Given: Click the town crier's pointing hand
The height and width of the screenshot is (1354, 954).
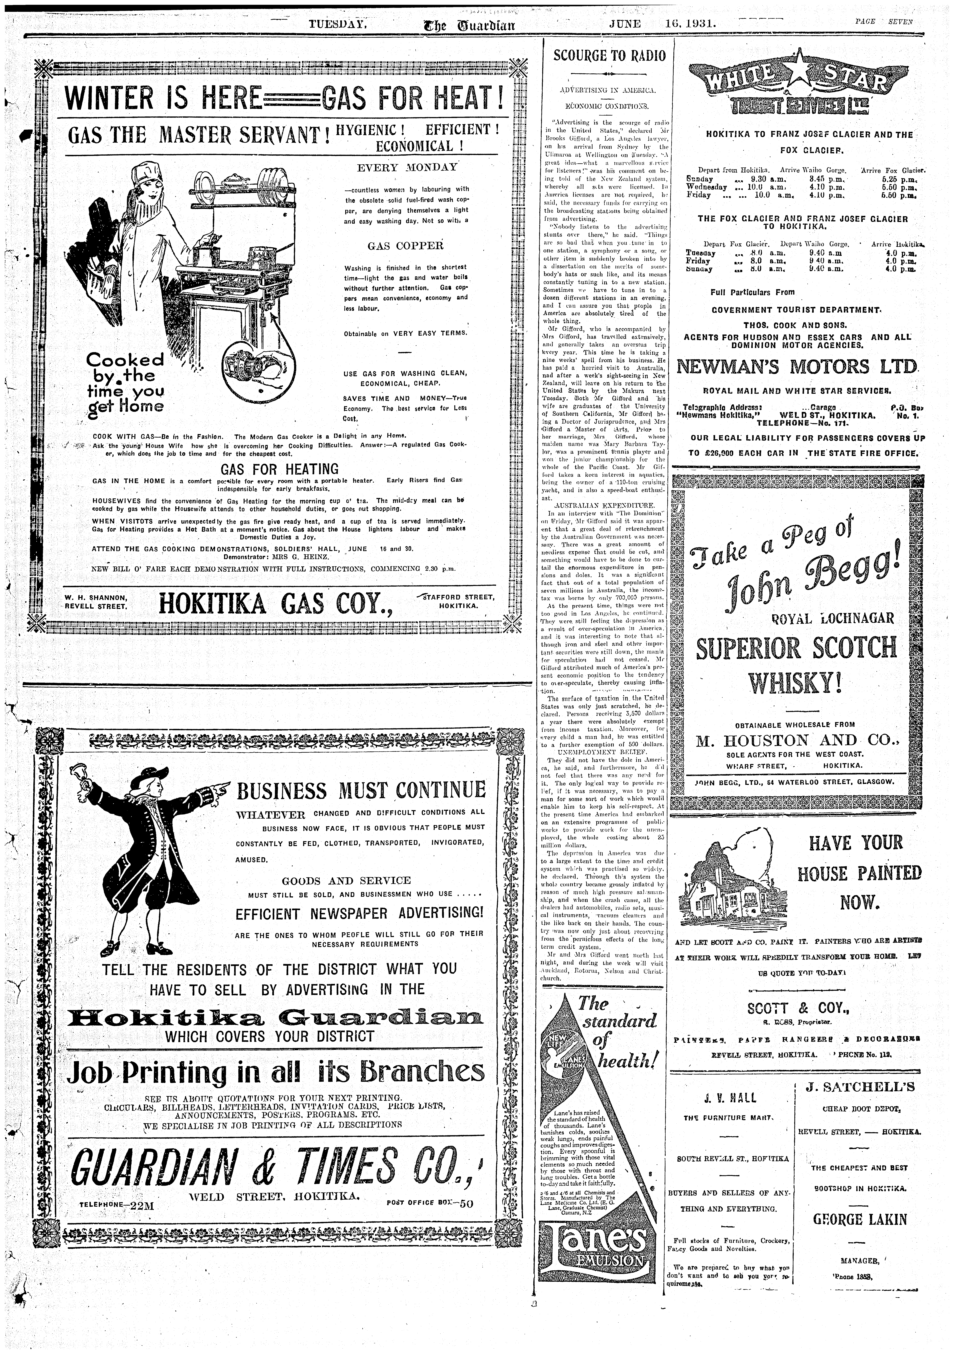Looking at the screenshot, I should point(219,786).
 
